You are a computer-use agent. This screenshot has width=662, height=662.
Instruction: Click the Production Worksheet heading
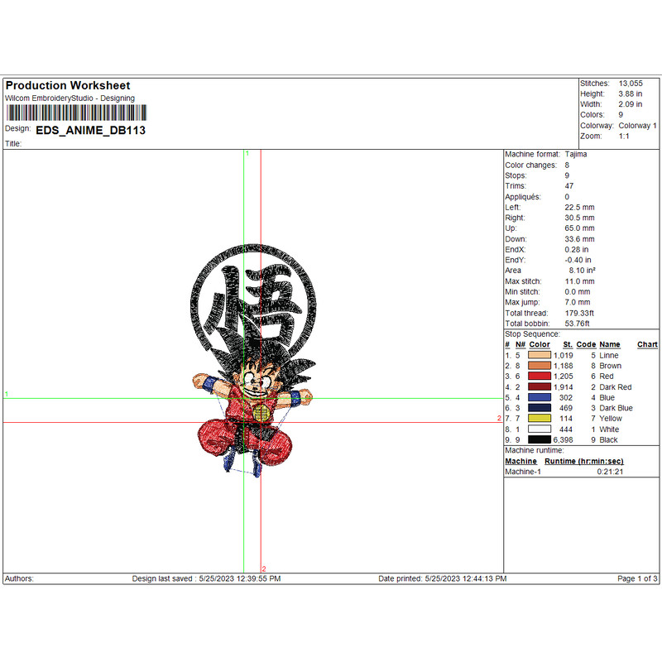coord(68,86)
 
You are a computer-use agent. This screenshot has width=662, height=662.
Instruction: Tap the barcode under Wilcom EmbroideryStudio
coord(76,113)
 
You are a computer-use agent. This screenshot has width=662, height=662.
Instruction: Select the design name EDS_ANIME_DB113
coord(91,131)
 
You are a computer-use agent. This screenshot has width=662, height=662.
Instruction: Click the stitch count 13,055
coord(631,84)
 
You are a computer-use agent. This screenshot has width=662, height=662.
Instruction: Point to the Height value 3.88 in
coord(630,94)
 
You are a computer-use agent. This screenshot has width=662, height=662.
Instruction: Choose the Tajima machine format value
coord(576,155)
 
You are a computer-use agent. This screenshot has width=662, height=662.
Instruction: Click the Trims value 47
coord(569,186)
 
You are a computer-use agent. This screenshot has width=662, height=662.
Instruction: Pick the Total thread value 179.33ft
coord(579,314)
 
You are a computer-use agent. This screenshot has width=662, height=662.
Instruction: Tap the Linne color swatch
coord(540,355)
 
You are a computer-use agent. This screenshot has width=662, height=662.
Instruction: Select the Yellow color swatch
coord(540,419)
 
